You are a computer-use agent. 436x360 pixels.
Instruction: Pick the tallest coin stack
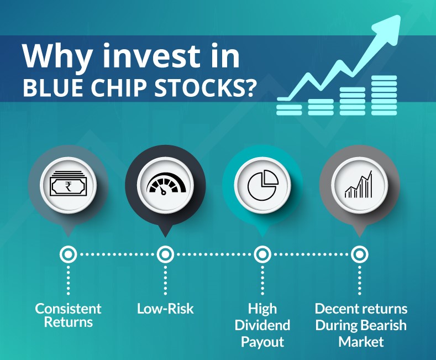click(x=384, y=95)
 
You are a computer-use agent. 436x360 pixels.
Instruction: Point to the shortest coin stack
click(x=289, y=109)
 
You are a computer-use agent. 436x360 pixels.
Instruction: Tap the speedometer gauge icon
click(x=166, y=184)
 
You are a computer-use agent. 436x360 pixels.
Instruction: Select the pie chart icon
click(x=263, y=185)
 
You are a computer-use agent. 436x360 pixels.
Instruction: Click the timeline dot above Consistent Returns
click(x=69, y=254)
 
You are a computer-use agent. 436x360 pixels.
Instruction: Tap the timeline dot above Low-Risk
click(x=165, y=254)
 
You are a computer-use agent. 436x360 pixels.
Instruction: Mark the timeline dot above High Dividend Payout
click(x=262, y=254)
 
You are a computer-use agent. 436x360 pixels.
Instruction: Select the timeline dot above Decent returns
click(x=360, y=254)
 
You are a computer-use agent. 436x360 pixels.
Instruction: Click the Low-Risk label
click(x=165, y=309)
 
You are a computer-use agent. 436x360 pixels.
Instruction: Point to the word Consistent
click(x=68, y=309)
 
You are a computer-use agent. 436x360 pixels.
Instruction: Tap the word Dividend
click(x=262, y=325)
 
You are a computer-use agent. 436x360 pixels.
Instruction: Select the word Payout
click(x=262, y=342)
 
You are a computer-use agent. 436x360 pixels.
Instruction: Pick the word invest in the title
click(x=152, y=56)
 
